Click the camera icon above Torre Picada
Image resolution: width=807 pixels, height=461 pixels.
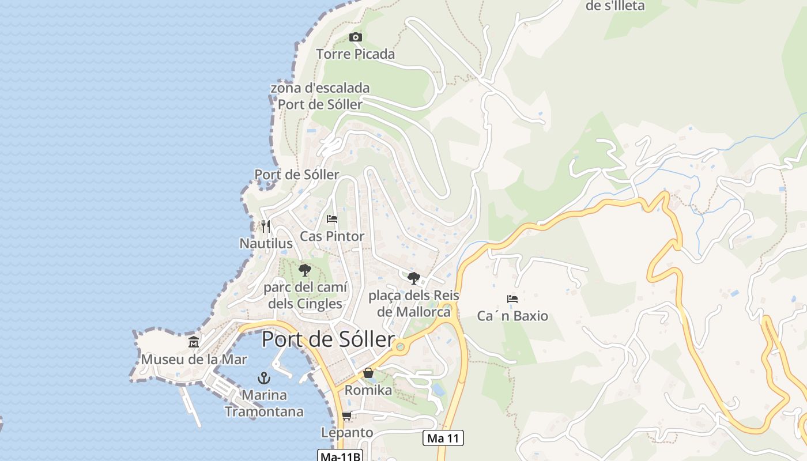click(356, 37)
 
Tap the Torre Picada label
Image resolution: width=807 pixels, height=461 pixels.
click(355, 54)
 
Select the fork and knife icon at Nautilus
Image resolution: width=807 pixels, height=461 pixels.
click(265, 226)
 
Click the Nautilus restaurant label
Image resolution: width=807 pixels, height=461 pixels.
click(266, 244)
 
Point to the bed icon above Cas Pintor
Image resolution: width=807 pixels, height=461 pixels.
click(331, 219)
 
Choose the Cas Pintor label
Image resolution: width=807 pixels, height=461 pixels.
click(332, 236)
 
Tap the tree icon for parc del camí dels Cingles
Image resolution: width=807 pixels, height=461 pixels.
click(305, 270)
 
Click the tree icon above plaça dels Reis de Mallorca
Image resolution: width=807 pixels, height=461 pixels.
click(413, 278)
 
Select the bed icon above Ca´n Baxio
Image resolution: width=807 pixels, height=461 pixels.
click(512, 298)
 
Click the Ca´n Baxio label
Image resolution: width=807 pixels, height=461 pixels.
click(512, 316)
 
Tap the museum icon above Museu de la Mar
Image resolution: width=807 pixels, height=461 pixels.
click(193, 342)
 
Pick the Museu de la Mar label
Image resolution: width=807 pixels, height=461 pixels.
click(194, 360)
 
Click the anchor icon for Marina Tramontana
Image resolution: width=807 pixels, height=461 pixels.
click(263, 378)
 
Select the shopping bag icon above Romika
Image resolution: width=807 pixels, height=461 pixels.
click(368, 373)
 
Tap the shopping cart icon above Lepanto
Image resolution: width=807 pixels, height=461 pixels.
click(346, 416)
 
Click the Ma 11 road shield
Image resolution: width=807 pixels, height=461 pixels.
click(443, 438)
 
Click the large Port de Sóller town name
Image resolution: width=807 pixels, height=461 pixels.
click(328, 339)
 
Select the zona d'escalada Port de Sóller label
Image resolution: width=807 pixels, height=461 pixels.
click(320, 96)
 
